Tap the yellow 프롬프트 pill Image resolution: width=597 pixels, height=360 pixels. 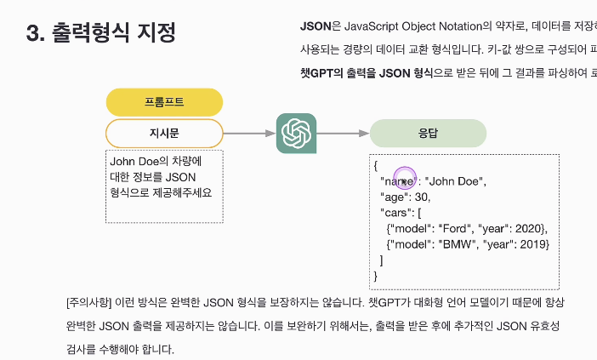[x=164, y=102]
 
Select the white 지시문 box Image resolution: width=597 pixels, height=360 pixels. [x=164, y=133]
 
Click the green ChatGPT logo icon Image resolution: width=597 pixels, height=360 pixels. [x=296, y=133]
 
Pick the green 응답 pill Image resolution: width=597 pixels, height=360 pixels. [x=428, y=134]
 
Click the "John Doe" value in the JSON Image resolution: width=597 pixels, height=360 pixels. [x=454, y=181]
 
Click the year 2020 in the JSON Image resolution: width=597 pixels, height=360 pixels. [x=530, y=229]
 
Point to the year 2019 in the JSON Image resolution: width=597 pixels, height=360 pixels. [x=532, y=244]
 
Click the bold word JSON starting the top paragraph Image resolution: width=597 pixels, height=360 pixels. [x=316, y=26]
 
